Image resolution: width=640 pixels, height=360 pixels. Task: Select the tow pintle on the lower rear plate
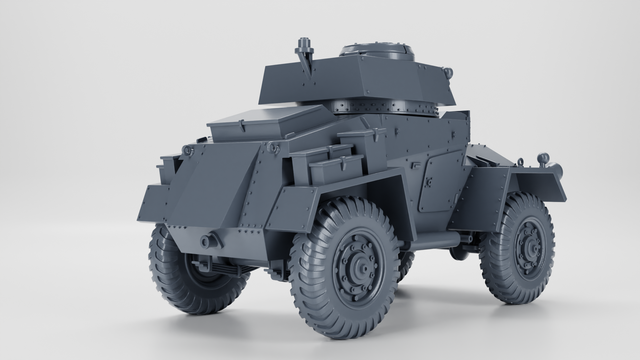click(x=205, y=241)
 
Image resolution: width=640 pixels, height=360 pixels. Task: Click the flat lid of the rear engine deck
click(x=267, y=122)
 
